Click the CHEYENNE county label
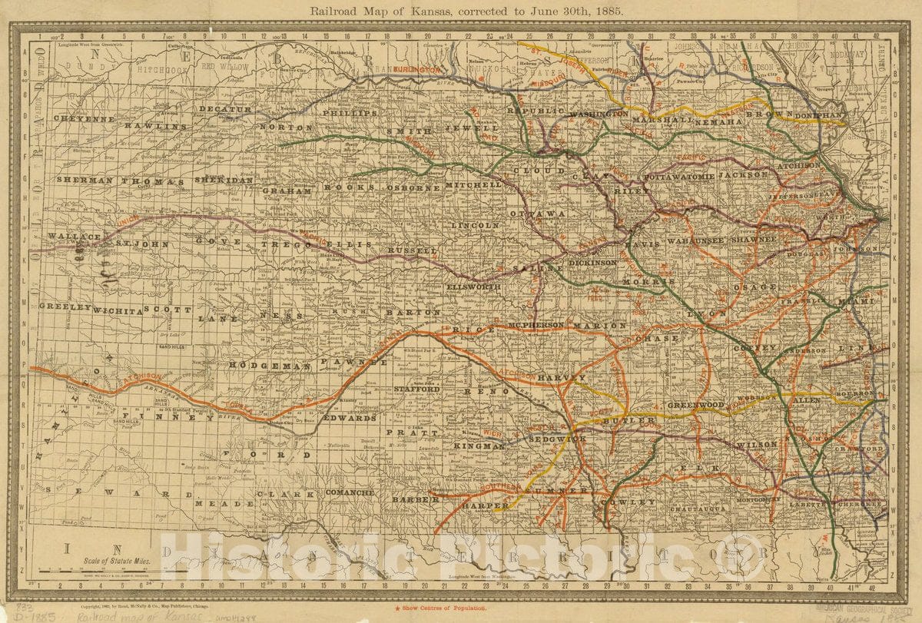point(85,119)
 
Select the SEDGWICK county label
point(557,438)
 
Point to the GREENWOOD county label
point(696,404)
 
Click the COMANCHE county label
point(350,492)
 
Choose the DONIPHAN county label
point(819,115)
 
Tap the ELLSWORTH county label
point(473,287)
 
